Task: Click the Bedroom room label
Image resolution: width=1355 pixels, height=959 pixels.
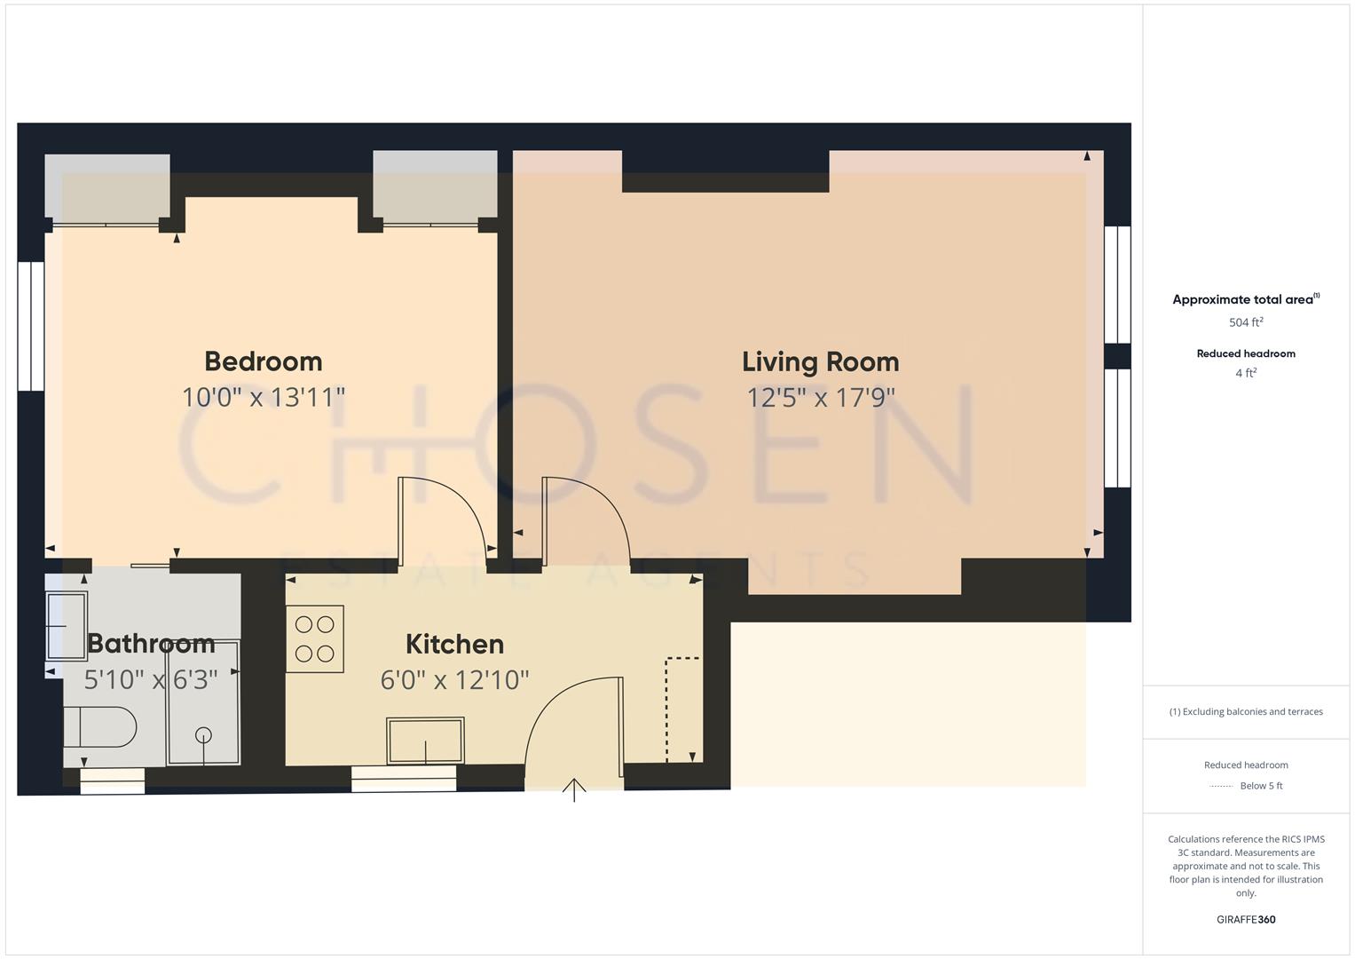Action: tap(264, 361)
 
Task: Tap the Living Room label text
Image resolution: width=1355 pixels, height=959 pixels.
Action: tap(820, 361)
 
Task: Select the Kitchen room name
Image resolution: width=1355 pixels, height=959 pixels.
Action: tap(454, 644)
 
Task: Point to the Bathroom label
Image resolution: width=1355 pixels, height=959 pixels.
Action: tap(151, 643)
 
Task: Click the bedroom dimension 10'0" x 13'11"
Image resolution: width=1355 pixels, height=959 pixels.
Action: tap(264, 397)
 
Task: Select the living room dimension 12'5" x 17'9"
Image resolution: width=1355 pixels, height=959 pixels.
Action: tap(821, 397)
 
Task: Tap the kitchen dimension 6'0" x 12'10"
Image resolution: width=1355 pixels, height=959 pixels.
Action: tap(454, 680)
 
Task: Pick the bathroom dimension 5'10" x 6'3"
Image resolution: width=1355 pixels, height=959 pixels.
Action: tap(151, 680)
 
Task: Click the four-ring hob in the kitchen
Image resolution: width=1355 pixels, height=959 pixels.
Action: tap(315, 638)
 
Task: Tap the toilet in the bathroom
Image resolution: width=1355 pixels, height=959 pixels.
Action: tap(100, 727)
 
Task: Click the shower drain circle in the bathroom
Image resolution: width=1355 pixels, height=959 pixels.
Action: tap(204, 734)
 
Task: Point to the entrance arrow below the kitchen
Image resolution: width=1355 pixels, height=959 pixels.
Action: tap(574, 789)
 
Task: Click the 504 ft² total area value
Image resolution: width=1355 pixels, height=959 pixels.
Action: tap(1246, 322)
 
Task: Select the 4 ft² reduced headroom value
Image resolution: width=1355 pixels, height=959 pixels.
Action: tap(1246, 373)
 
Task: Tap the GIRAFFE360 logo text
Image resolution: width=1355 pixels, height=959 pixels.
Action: tap(1246, 919)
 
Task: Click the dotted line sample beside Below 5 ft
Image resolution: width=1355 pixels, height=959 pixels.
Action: tap(1221, 786)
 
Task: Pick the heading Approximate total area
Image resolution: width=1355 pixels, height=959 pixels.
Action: tap(1242, 299)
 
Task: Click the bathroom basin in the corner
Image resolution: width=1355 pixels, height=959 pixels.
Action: tap(67, 622)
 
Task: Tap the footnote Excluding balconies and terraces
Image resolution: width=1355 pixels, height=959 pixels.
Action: tap(1246, 711)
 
